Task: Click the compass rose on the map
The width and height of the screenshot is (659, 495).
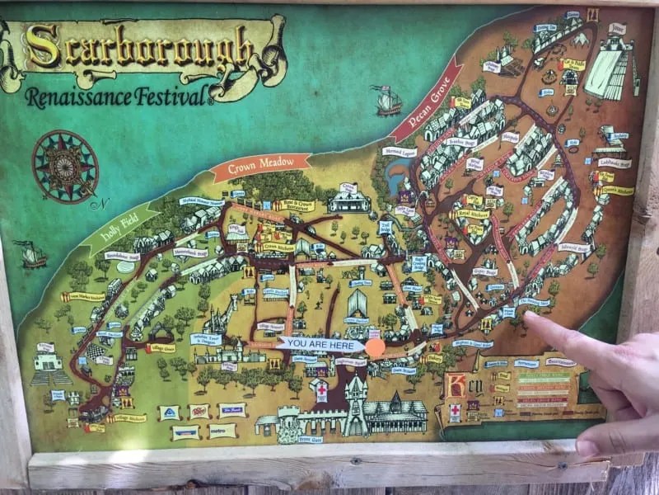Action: click(65, 165)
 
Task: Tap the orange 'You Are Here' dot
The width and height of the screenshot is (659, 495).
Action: click(375, 347)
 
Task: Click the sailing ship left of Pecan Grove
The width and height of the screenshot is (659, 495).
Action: click(386, 101)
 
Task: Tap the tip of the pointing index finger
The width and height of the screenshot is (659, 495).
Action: click(528, 318)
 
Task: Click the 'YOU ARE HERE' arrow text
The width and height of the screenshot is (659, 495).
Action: click(321, 342)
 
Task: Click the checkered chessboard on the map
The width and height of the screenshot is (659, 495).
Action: click(98, 351)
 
